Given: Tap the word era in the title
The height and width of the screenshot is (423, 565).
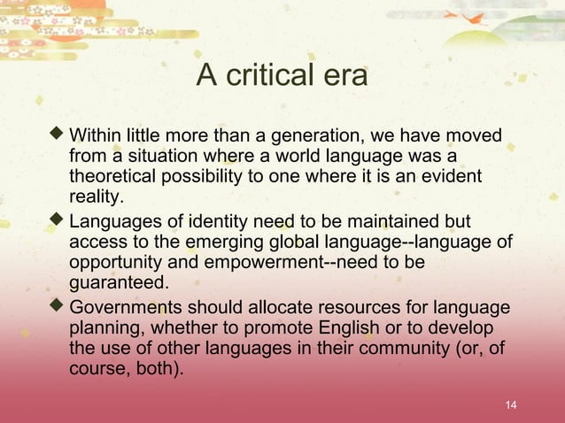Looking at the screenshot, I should click(344, 77).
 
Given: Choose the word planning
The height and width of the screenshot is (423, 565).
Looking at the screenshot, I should click(102, 328).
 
